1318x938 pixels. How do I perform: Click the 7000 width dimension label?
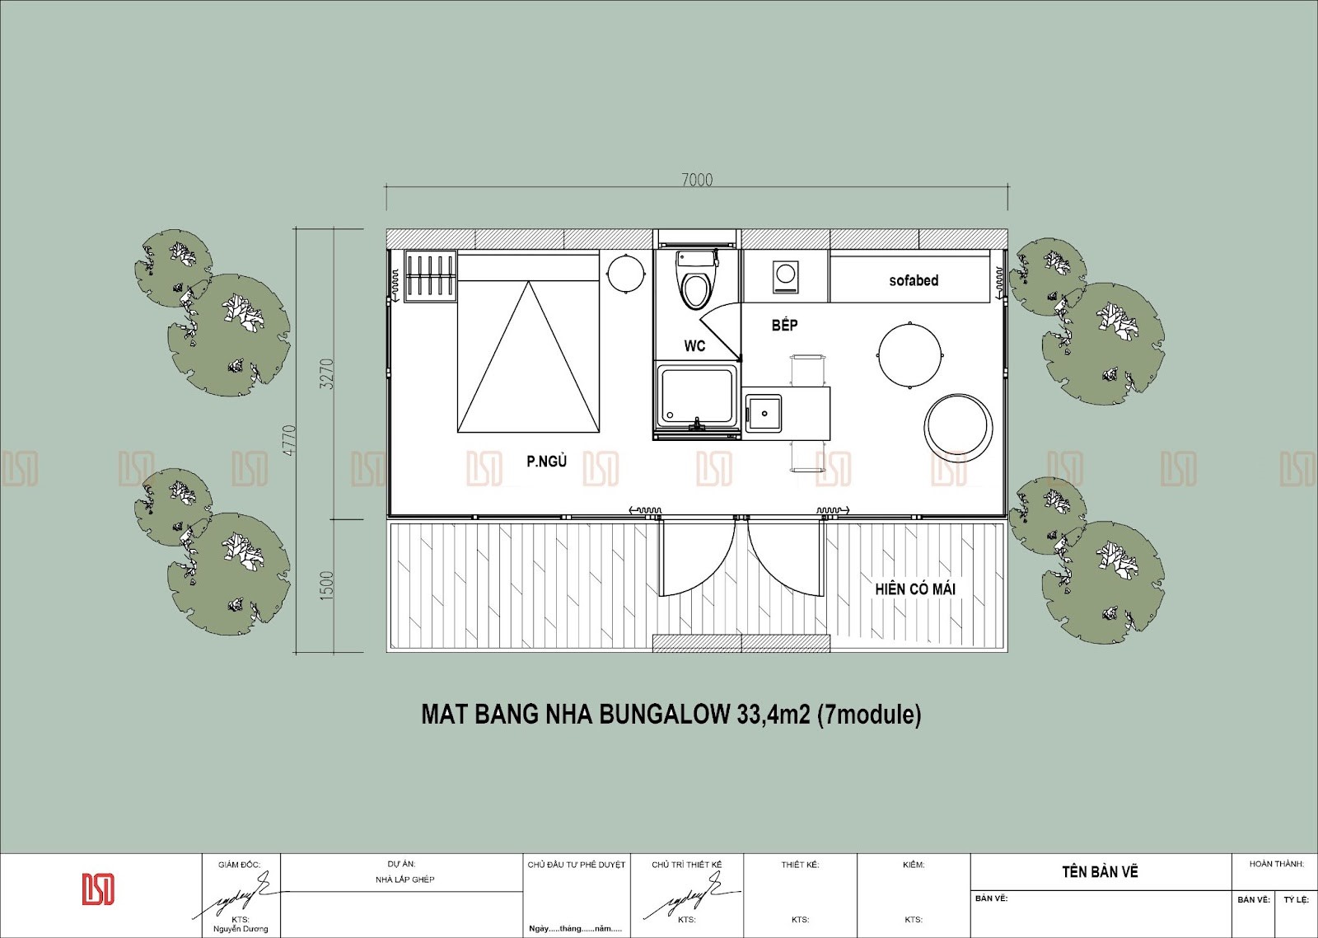(697, 180)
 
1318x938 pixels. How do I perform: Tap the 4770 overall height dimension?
(289, 440)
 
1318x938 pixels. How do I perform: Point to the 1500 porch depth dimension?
(327, 586)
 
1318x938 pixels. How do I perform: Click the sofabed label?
(914, 280)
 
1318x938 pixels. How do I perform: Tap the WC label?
(694, 345)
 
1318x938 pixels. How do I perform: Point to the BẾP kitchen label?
(785, 325)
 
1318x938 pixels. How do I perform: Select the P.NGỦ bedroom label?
(547, 461)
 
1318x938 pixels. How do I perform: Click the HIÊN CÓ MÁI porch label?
(915, 589)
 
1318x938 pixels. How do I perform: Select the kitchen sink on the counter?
(764, 414)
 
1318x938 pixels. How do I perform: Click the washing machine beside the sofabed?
(786, 276)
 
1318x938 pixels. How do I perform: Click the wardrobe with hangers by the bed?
(431, 275)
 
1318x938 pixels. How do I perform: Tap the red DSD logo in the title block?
(98, 889)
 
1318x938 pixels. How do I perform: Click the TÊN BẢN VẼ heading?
(1100, 871)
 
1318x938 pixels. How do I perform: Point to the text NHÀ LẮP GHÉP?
(404, 879)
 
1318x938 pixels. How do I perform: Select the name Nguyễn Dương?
(240, 929)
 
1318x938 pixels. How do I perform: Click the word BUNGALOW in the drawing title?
(664, 715)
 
